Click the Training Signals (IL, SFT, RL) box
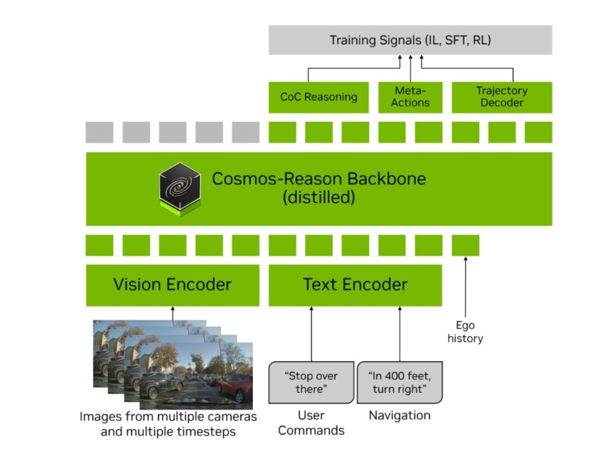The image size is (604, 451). pyautogui.click(x=410, y=40)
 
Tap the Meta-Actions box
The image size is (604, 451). pyautogui.click(x=411, y=97)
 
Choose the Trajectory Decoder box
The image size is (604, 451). pyautogui.click(x=501, y=97)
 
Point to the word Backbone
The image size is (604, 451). pyautogui.click(x=384, y=179)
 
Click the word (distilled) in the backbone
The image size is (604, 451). pyautogui.click(x=318, y=199)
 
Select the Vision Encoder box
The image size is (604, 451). pyautogui.click(x=172, y=285)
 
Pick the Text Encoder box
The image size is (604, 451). pyautogui.click(x=355, y=285)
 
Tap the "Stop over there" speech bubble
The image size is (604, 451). pyautogui.click(x=311, y=382)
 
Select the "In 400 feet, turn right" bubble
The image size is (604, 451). pyautogui.click(x=399, y=382)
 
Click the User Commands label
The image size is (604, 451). pyautogui.click(x=311, y=423)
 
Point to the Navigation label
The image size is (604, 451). pyautogui.click(x=399, y=416)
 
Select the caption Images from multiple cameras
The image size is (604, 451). pyautogui.click(x=168, y=417)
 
